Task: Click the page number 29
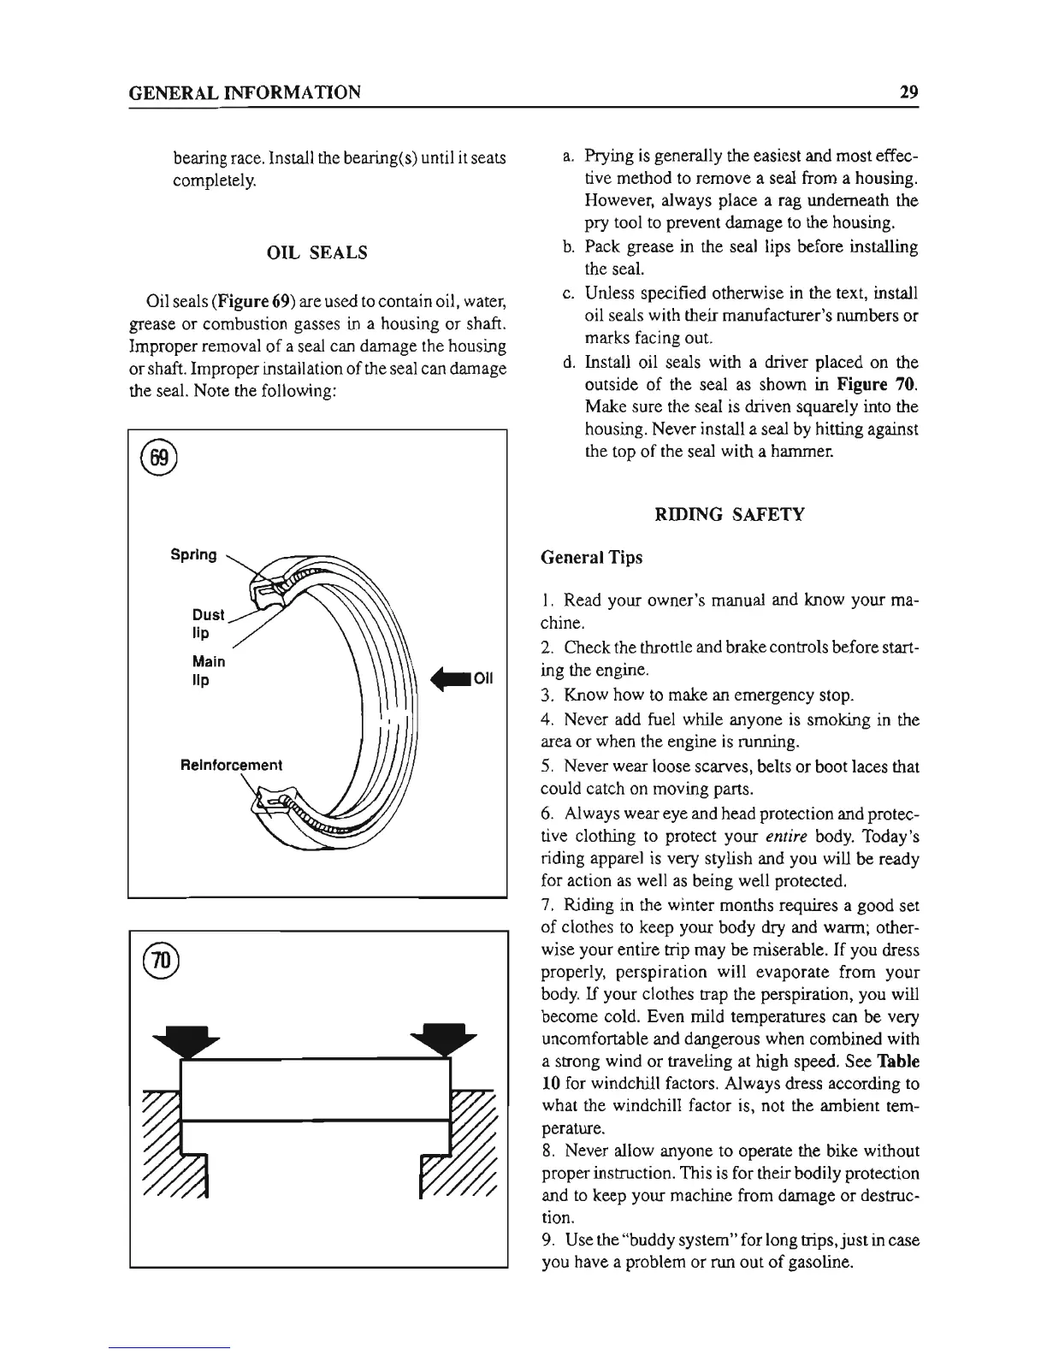[908, 92]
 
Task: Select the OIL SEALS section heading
[317, 252]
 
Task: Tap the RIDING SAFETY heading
[729, 514]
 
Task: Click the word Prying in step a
[606, 157]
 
